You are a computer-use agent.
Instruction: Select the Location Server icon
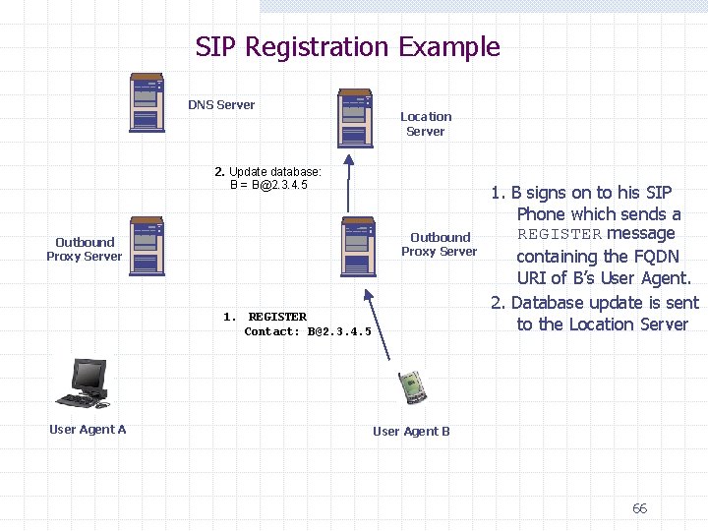point(354,118)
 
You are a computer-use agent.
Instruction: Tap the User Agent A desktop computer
point(85,383)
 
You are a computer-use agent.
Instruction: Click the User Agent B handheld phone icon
point(412,386)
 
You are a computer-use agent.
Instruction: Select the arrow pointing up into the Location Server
point(346,181)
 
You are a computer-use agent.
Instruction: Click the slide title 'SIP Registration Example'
point(347,47)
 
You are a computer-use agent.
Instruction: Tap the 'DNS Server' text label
point(221,105)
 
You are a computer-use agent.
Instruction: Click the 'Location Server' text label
point(426,124)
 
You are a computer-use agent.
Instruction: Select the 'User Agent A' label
point(88,429)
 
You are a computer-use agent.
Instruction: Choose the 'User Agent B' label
point(411,431)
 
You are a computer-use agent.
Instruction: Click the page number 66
point(639,508)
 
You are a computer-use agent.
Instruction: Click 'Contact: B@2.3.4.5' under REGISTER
point(308,331)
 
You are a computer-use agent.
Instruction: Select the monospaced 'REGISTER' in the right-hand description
point(559,234)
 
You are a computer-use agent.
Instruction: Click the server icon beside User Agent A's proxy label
point(147,246)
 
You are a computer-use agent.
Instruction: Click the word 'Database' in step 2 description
point(552,303)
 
